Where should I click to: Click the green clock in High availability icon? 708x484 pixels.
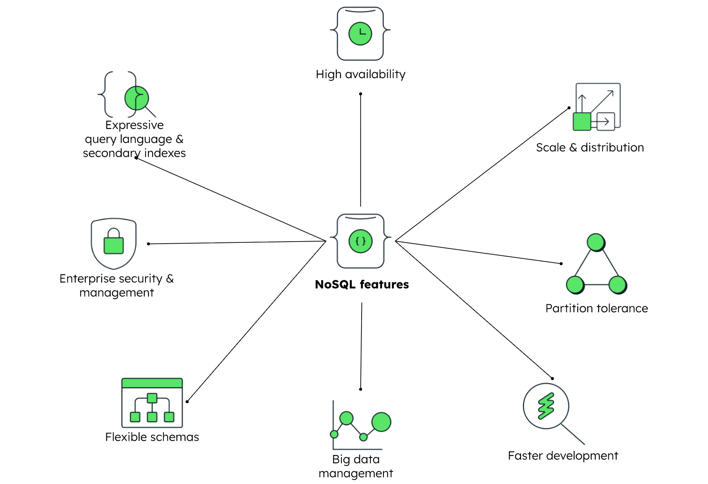[x=360, y=34]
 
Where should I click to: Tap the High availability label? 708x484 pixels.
[x=360, y=74]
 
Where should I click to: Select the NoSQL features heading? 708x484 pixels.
[x=362, y=284]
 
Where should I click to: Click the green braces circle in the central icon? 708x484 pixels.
[x=360, y=241]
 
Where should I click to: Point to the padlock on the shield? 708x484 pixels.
[x=114, y=242]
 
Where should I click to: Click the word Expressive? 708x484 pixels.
[x=135, y=125]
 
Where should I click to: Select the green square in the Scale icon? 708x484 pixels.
[x=582, y=121]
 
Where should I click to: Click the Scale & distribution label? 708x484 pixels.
[x=589, y=147]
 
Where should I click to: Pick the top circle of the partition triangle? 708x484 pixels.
[x=596, y=242]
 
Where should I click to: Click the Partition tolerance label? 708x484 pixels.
[x=596, y=308]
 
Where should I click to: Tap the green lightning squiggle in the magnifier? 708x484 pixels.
[x=546, y=406]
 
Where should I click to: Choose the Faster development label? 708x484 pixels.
[x=563, y=456]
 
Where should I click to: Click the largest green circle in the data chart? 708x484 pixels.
[x=381, y=422]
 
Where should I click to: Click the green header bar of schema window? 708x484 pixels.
[x=152, y=383]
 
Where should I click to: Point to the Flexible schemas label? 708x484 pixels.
[x=152, y=437]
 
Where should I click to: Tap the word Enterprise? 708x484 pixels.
[x=87, y=279]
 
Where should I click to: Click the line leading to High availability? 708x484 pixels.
[x=360, y=151]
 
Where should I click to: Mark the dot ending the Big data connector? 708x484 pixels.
[x=361, y=389]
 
